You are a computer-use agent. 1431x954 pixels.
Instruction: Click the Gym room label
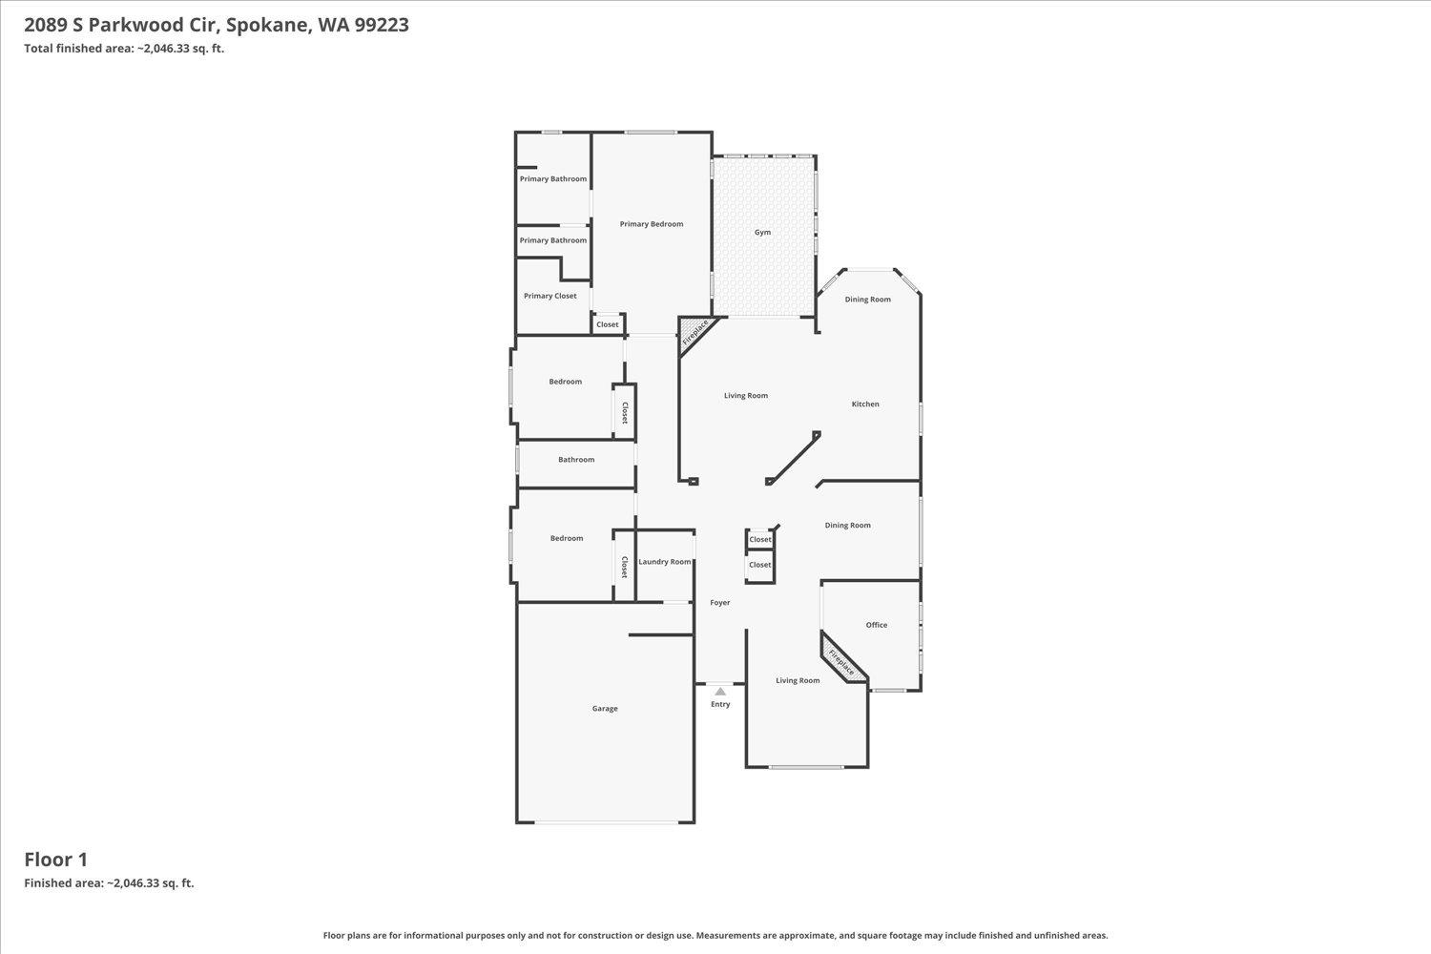(x=762, y=232)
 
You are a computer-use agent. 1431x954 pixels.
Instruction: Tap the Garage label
(x=605, y=709)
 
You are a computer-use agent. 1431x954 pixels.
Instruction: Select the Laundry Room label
(x=665, y=562)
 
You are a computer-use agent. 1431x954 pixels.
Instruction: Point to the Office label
(x=877, y=625)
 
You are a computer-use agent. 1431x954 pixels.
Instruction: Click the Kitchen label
(x=865, y=404)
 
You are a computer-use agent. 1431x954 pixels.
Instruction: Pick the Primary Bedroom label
(x=652, y=224)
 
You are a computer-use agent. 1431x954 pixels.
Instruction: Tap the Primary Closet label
(x=550, y=296)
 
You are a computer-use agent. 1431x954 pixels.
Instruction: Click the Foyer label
(x=720, y=603)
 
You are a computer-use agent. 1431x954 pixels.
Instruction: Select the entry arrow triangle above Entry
(x=720, y=692)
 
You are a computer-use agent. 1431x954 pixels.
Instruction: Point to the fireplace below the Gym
(x=695, y=332)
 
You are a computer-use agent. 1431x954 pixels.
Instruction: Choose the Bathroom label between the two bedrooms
(x=576, y=460)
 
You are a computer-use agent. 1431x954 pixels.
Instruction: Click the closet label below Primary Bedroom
(x=608, y=324)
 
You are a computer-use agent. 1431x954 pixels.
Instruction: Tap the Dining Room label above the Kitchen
(x=868, y=300)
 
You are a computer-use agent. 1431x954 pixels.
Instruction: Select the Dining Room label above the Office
(x=847, y=526)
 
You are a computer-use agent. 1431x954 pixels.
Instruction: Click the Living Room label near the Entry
(x=798, y=680)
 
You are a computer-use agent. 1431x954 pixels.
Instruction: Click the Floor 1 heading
(x=55, y=860)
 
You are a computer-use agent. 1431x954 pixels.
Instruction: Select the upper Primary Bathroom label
(x=553, y=179)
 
